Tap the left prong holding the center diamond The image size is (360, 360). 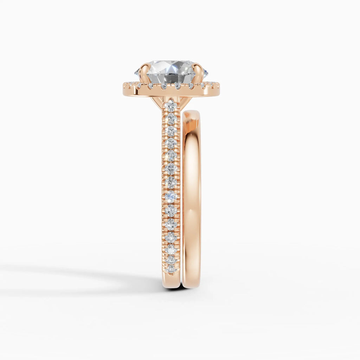pos(144,72)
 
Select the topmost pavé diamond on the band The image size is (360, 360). pos(171,106)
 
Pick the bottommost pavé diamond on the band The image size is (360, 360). pos(171,269)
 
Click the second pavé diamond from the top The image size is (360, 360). pos(171,118)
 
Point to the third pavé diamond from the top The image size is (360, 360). pos(171,131)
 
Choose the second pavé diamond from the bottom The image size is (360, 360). pos(171,260)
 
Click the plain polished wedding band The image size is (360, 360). pos(192,197)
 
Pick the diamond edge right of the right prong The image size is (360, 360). pos(205,73)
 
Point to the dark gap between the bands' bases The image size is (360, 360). pos(181,287)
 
